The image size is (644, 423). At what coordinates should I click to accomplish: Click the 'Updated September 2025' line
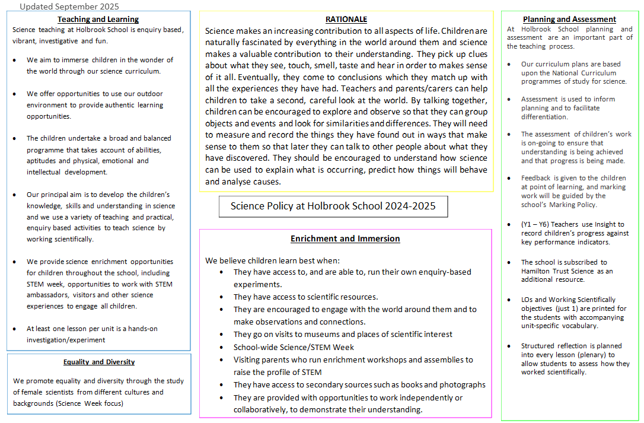(69, 7)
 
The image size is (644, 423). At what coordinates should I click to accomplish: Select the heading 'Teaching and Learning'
(98, 20)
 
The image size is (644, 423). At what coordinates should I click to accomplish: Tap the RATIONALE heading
(346, 20)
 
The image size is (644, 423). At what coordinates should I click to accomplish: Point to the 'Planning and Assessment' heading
(569, 20)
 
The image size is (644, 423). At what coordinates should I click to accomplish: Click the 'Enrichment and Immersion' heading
(345, 238)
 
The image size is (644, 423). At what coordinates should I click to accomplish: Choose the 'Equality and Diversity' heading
(99, 362)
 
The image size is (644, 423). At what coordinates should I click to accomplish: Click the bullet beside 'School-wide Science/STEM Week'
(222, 348)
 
